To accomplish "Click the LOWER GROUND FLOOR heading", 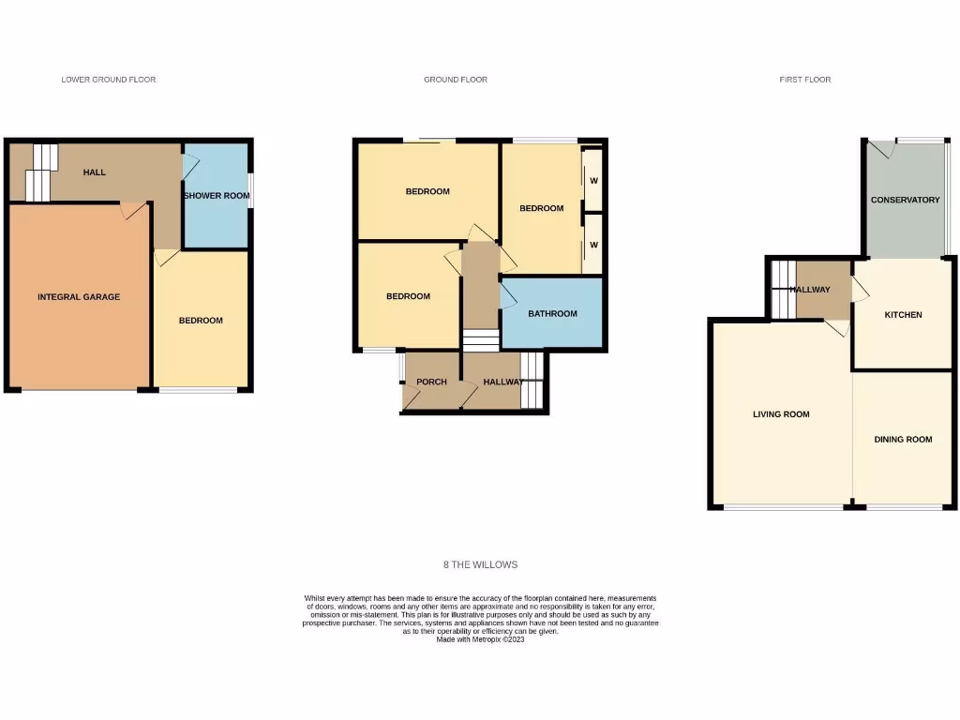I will point(109,80).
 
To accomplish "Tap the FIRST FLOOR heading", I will point(804,80).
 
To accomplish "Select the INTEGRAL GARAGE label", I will point(79,297).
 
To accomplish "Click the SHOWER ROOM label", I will point(217,196).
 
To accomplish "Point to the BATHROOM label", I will point(552,314).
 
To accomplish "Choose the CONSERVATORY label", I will point(905,200).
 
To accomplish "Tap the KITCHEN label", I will point(903,315).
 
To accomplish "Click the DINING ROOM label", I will point(903,440).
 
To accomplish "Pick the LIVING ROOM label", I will point(781,414).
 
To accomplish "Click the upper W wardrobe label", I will point(593,181).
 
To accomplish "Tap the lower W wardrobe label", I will point(593,245).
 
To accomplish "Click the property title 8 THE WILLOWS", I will point(480,565).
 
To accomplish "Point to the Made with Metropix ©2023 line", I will point(480,639).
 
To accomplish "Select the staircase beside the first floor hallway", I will point(780,289).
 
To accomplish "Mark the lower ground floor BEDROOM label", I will point(202,321).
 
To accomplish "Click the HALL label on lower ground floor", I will point(94,172).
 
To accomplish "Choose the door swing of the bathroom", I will point(510,296).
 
